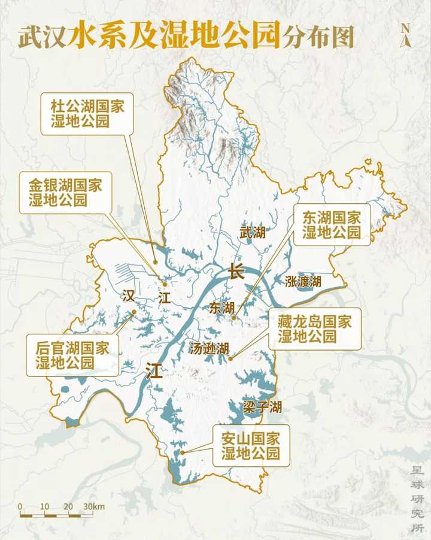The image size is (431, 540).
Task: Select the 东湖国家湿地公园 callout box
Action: pyautogui.click(x=332, y=224)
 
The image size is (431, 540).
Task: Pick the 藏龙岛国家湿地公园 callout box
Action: pyautogui.click(x=315, y=328)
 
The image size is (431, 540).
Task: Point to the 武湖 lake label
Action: pyautogui.click(x=252, y=232)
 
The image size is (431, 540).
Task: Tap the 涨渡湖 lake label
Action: pyautogui.click(x=303, y=281)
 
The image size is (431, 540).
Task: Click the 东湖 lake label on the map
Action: pyautogui.click(x=221, y=307)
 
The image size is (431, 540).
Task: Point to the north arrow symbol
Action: pyautogui.click(x=405, y=35)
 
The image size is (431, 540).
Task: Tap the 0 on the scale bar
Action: pyautogui.click(x=20, y=507)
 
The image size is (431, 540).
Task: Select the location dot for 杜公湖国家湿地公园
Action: pyautogui.click(x=155, y=262)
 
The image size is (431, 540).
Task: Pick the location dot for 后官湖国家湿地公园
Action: pyautogui.click(x=133, y=312)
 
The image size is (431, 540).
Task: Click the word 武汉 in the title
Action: pyautogui.click(x=42, y=37)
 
